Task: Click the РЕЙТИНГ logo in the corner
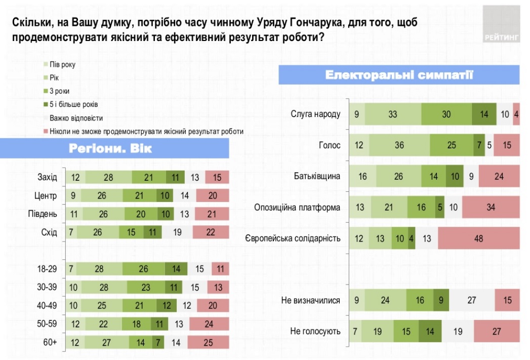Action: tap(501, 24)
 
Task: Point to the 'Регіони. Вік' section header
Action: tap(110, 149)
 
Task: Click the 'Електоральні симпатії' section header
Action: tap(399, 75)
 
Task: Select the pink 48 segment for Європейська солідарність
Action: tap(478, 238)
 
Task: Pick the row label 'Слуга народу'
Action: tap(315, 114)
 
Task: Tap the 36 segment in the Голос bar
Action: tap(399, 145)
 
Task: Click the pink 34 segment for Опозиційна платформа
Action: tap(491, 207)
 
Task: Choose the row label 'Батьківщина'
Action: tap(317, 176)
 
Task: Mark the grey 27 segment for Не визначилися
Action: tap(472, 300)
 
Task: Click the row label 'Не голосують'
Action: tap(315, 331)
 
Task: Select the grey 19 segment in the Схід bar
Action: tap(177, 232)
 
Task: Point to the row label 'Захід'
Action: tap(48, 177)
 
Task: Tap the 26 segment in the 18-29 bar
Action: tap(144, 269)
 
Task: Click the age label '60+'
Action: tap(50, 342)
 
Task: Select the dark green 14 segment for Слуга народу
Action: tap(484, 114)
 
